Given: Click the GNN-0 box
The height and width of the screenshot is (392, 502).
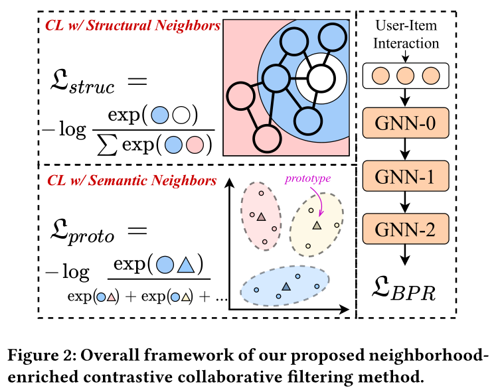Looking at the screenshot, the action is click(406, 123).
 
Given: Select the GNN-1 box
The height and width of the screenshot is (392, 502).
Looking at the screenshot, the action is click(406, 176).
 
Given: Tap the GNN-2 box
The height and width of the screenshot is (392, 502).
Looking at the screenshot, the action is click(406, 229).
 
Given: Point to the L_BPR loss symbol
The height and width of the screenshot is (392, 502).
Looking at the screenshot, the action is click(404, 289).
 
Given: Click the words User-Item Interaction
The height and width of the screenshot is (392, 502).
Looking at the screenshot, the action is click(406, 34).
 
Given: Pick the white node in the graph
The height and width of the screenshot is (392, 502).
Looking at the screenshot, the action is click(321, 78).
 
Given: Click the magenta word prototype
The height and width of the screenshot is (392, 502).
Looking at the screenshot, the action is click(307, 178).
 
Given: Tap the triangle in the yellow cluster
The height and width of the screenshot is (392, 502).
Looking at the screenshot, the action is click(317, 226).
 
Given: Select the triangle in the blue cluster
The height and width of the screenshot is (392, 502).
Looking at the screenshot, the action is click(286, 287).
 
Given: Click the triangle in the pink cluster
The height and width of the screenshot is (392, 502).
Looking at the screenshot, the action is click(261, 216).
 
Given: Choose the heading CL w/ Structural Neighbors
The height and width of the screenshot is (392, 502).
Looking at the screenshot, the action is click(133, 26).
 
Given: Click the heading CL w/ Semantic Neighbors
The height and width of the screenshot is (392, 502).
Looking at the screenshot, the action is click(132, 180).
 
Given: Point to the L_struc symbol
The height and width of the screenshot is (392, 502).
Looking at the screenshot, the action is click(82, 82).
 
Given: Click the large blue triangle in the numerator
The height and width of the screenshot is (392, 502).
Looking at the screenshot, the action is click(186, 265).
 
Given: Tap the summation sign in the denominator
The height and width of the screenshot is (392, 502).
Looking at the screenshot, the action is click(108, 145).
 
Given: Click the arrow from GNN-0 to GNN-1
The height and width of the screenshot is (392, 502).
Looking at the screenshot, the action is click(405, 149).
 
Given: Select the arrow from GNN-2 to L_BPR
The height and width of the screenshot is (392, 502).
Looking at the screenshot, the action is click(405, 255).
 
